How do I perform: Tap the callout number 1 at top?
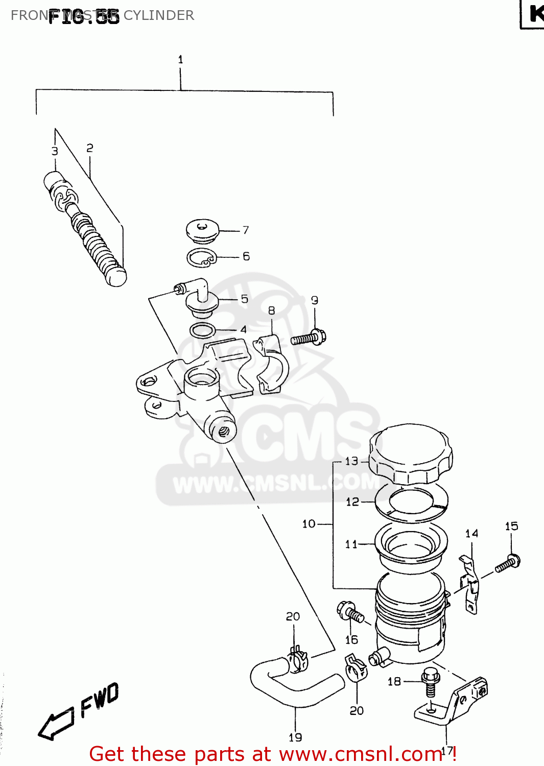coord(180,60)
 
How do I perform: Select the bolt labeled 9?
coord(309,338)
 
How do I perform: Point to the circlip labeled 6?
coord(201,258)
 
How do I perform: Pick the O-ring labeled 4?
coord(203,330)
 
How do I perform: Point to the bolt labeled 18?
coord(430,681)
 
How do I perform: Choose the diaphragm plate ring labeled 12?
coord(411,503)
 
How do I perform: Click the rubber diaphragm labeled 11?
coord(411,544)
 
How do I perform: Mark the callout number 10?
coord(309,523)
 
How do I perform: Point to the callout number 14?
coord(471,534)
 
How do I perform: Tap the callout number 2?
coord(90,148)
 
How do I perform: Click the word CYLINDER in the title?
coord(159,15)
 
